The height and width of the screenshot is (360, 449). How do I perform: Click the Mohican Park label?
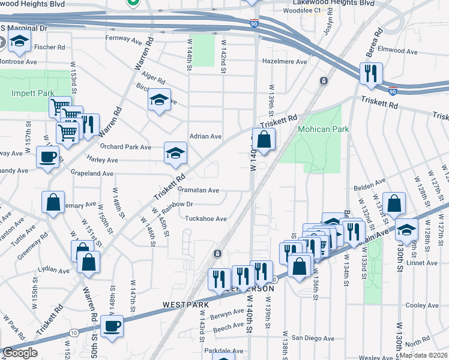[x=322, y=129]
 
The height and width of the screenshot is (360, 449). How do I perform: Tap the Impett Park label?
[x=32, y=93]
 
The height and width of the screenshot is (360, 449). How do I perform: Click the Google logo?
[x=20, y=353]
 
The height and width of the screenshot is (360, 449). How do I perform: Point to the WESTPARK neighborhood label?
[x=185, y=304]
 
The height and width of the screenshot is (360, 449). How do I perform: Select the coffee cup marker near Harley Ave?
[x=47, y=157]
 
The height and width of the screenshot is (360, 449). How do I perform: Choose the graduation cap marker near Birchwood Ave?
[x=159, y=100]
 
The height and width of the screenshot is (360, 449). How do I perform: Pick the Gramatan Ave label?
[x=199, y=190]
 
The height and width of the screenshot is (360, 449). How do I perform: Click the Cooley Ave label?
[x=423, y=305]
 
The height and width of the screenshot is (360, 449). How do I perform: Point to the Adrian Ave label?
[x=206, y=136]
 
